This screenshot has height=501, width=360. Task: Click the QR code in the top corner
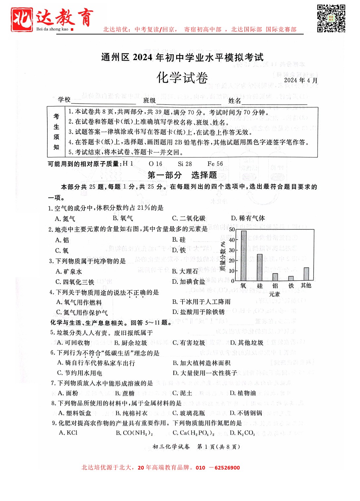331,18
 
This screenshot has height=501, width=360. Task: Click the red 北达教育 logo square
22,19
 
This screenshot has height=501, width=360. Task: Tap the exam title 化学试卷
182,78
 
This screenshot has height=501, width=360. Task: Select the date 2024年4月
301,80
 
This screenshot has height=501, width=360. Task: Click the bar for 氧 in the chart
244,255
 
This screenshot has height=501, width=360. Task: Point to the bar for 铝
275,277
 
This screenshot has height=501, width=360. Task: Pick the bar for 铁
291,278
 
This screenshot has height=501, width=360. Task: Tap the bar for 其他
306,274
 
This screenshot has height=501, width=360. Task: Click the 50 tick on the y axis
232,229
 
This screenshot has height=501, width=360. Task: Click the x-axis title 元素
274,294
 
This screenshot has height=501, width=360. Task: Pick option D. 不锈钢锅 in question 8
246,413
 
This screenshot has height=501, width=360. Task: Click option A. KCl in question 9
68,433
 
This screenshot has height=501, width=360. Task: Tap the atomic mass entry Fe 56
215,164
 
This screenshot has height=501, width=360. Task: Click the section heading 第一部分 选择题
182,175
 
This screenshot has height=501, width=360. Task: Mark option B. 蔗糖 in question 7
125,393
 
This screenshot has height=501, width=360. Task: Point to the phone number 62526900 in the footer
227,468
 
